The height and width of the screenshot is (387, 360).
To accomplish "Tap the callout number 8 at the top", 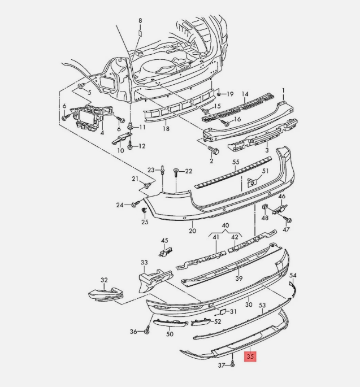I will point(141,21).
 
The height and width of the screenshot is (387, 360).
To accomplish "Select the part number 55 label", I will point(236,162).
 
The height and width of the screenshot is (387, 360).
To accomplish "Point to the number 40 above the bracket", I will point(225,225).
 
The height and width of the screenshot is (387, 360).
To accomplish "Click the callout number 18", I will point(166,129).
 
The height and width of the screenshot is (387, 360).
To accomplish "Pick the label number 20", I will point(192,231).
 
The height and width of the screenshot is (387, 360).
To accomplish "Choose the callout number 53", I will point(262,305).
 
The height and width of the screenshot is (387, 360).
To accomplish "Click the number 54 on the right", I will point(293,275).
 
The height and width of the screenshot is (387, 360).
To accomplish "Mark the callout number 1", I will point(283,90).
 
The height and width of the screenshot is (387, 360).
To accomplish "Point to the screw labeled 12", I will point(131,146).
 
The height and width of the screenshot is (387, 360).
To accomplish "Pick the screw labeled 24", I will point(136,205).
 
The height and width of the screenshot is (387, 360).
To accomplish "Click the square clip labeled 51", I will point(252,182).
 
